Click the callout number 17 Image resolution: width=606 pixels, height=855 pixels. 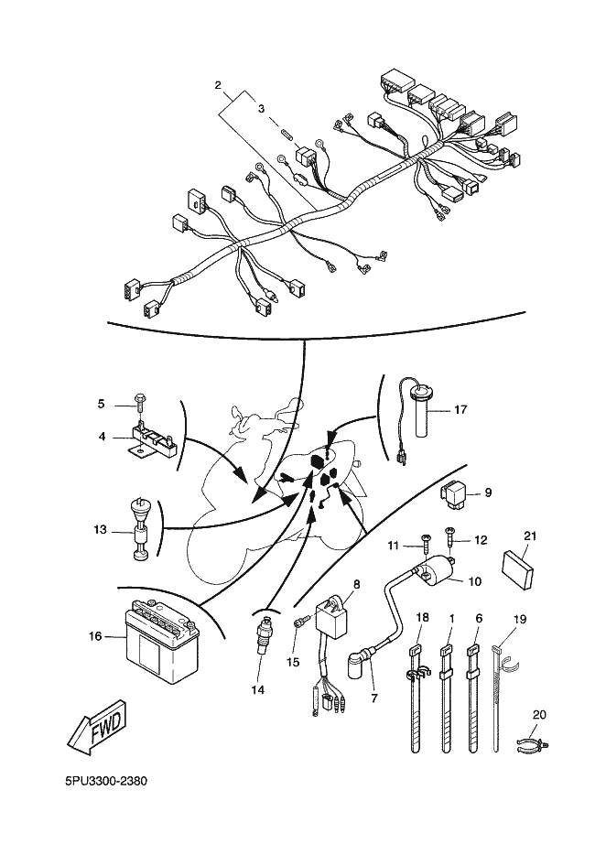click(x=460, y=410)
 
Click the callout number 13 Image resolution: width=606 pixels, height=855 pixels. click(x=101, y=529)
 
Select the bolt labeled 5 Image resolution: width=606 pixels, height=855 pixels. click(x=138, y=400)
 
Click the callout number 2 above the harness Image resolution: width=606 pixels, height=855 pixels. click(x=218, y=85)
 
